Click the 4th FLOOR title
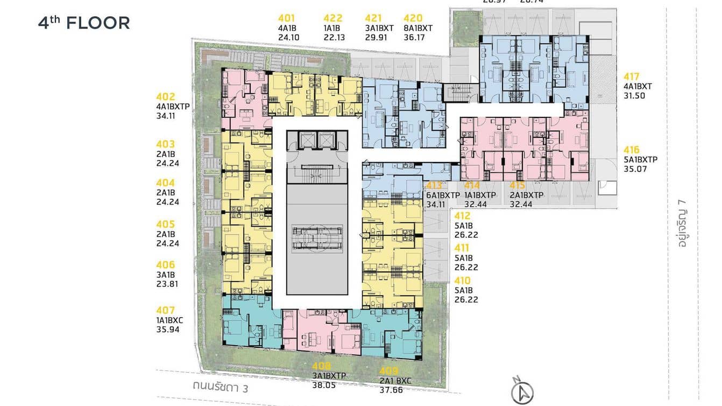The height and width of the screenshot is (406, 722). pos(84,23)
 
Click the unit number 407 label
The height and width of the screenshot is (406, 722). pos(166,310)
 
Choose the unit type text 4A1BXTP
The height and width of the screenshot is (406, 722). pos(173,106)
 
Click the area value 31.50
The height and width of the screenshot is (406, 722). pos(634,96)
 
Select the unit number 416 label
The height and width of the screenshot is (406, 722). pos(633,150)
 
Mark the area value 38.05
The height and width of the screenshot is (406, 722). pos(323,384)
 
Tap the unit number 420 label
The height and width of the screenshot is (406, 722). pos(413,18)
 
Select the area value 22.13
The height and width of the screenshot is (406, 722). pos(334,38)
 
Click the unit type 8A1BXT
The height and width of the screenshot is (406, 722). pos(418,28)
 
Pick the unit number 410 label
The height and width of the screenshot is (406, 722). pos(463,281)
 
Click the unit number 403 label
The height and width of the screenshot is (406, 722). pos(166,144)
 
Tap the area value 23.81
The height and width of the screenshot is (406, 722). pos(167,284)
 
